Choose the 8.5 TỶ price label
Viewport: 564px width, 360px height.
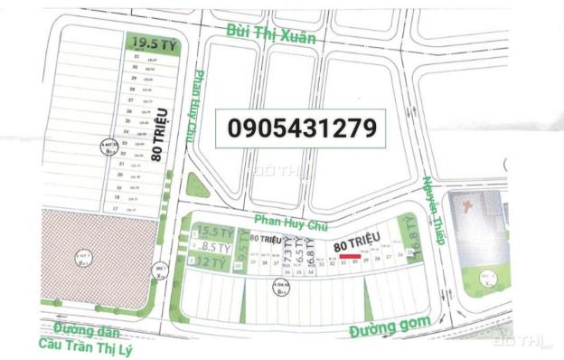click(x=216, y=246)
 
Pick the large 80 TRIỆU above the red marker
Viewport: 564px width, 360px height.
click(x=358, y=242)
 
